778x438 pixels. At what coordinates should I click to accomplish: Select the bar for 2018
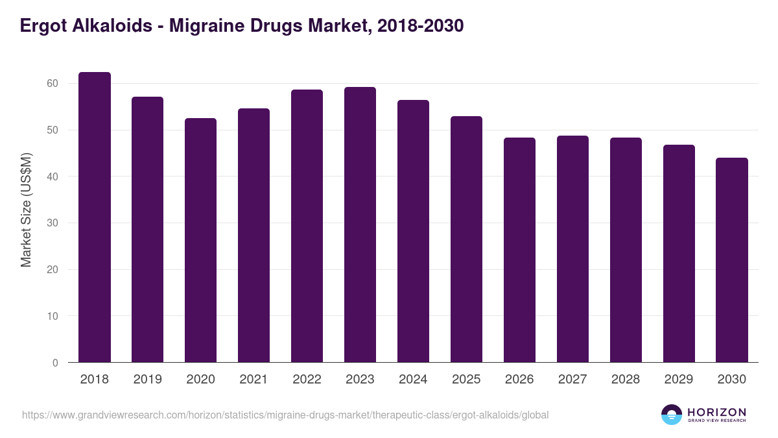95,217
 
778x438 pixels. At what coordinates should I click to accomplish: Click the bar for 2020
201,240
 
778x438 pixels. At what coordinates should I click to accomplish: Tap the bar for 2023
360,225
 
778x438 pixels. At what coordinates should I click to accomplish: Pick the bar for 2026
519,250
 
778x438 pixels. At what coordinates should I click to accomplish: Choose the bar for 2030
732,260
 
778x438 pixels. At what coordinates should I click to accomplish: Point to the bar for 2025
466,239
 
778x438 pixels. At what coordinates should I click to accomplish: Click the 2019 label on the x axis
148,380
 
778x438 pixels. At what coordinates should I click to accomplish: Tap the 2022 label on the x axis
307,380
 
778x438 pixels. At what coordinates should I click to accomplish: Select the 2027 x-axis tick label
572,380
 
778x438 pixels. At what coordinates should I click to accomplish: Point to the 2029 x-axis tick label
679,380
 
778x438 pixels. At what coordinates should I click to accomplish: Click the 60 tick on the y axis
53,84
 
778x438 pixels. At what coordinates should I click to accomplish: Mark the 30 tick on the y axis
53,223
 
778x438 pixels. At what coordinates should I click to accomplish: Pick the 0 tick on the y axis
55,363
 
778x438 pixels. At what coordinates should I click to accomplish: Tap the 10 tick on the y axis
53,316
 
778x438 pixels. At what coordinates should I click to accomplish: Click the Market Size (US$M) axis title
26,210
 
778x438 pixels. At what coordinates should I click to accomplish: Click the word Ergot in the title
42,26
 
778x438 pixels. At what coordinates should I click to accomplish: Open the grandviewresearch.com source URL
285,415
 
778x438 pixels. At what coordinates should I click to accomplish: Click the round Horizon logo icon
672,415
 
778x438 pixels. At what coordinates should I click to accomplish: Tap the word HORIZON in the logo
717,412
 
